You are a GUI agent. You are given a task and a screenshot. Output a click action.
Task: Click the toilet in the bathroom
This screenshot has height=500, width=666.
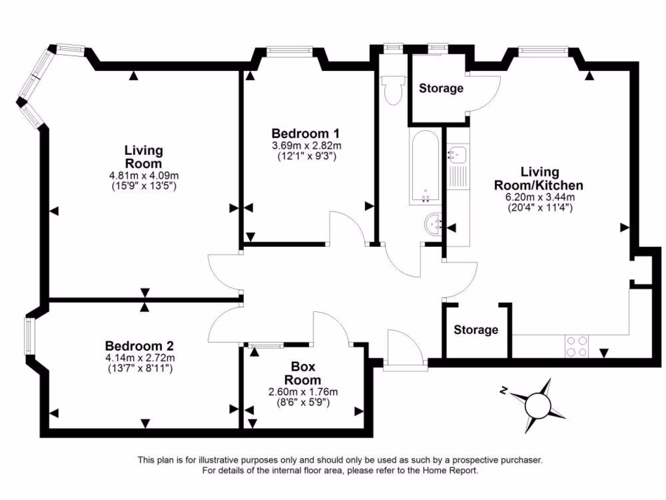pyautogui.click(x=392, y=89)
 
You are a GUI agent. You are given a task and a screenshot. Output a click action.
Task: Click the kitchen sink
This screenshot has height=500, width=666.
pyautogui.click(x=457, y=154)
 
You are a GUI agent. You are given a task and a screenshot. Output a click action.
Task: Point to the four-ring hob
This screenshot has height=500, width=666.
pyautogui.click(x=577, y=346)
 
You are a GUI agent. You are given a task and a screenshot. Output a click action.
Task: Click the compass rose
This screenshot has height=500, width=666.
pyautogui.click(x=538, y=406)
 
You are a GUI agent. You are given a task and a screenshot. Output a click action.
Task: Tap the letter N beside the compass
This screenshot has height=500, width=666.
pyautogui.click(x=504, y=391)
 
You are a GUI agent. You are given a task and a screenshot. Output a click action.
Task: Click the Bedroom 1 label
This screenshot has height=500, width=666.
pyautogui.click(x=306, y=133)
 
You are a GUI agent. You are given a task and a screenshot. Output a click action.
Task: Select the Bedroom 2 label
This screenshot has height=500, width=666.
pyautogui.click(x=139, y=346)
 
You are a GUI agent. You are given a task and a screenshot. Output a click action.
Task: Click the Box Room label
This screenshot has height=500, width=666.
pyautogui.click(x=303, y=373)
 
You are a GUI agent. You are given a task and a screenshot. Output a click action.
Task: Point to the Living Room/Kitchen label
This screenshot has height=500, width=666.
pyautogui.click(x=539, y=178)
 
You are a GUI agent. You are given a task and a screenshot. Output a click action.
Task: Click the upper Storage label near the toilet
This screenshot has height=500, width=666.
pyautogui.click(x=441, y=88)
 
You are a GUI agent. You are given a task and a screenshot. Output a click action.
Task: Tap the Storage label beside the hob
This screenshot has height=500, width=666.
pyautogui.click(x=475, y=329)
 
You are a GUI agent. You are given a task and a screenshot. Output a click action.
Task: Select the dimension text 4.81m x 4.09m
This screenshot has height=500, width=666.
pyautogui.click(x=144, y=175)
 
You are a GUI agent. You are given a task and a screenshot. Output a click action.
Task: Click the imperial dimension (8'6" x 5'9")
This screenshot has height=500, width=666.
pyautogui.click(x=303, y=402)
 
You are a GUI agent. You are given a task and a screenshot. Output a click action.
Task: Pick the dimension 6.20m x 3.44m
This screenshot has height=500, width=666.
pyautogui.click(x=540, y=197)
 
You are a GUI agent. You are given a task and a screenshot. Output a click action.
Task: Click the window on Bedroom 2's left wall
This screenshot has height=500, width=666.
pyautogui.click(x=29, y=336)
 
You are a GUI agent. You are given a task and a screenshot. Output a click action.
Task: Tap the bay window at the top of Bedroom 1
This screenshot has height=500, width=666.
pyautogui.click(x=289, y=51)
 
